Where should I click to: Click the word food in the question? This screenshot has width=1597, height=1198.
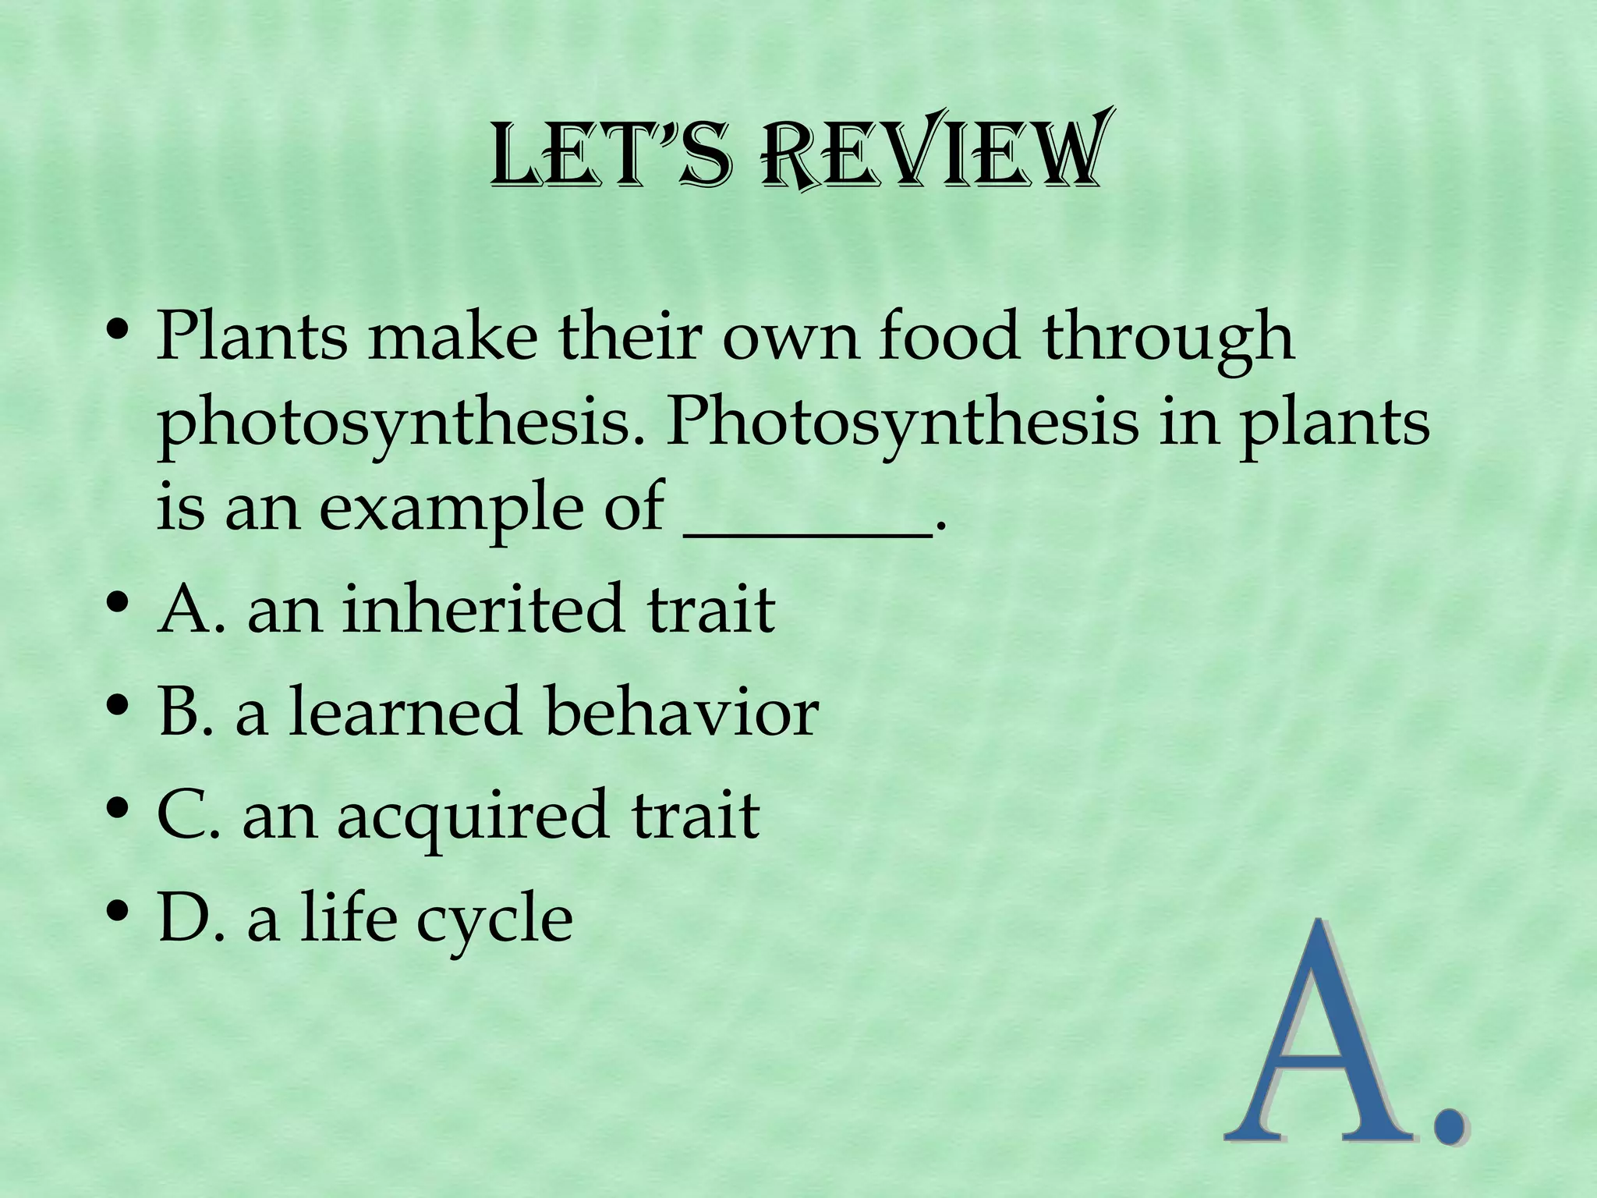[x=949, y=335]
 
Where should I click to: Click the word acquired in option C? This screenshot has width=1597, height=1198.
[x=472, y=814]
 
